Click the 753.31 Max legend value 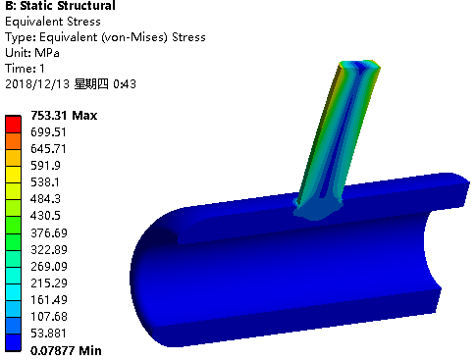64,116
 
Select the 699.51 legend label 48,132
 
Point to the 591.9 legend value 45,166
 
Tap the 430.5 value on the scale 45,216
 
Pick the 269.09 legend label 49,266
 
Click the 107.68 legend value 49,317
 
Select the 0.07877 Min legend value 66,351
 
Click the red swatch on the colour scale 13,125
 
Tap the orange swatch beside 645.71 13,141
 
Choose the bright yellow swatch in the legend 13,175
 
